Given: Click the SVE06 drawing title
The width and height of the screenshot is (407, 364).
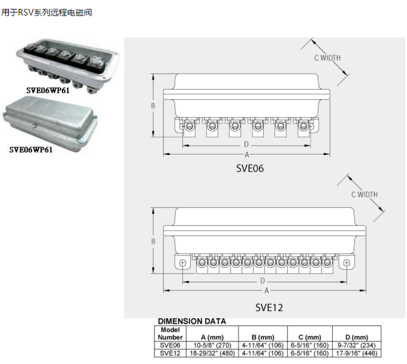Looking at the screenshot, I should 250,168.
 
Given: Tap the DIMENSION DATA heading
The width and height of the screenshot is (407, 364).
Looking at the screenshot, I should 192,321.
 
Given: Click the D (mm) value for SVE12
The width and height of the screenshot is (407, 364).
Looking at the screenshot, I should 356,353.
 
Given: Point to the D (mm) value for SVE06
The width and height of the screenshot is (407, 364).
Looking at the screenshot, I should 356,345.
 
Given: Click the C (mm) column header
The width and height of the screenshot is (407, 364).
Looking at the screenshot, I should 309,337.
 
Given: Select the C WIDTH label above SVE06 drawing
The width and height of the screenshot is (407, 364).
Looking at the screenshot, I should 327,58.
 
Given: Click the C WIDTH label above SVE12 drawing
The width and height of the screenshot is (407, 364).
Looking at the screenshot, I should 364,195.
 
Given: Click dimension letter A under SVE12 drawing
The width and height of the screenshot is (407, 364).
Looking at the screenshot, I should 267,290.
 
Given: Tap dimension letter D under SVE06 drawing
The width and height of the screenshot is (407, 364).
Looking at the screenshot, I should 245,145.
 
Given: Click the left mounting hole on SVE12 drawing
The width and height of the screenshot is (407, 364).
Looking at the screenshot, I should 182,262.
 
